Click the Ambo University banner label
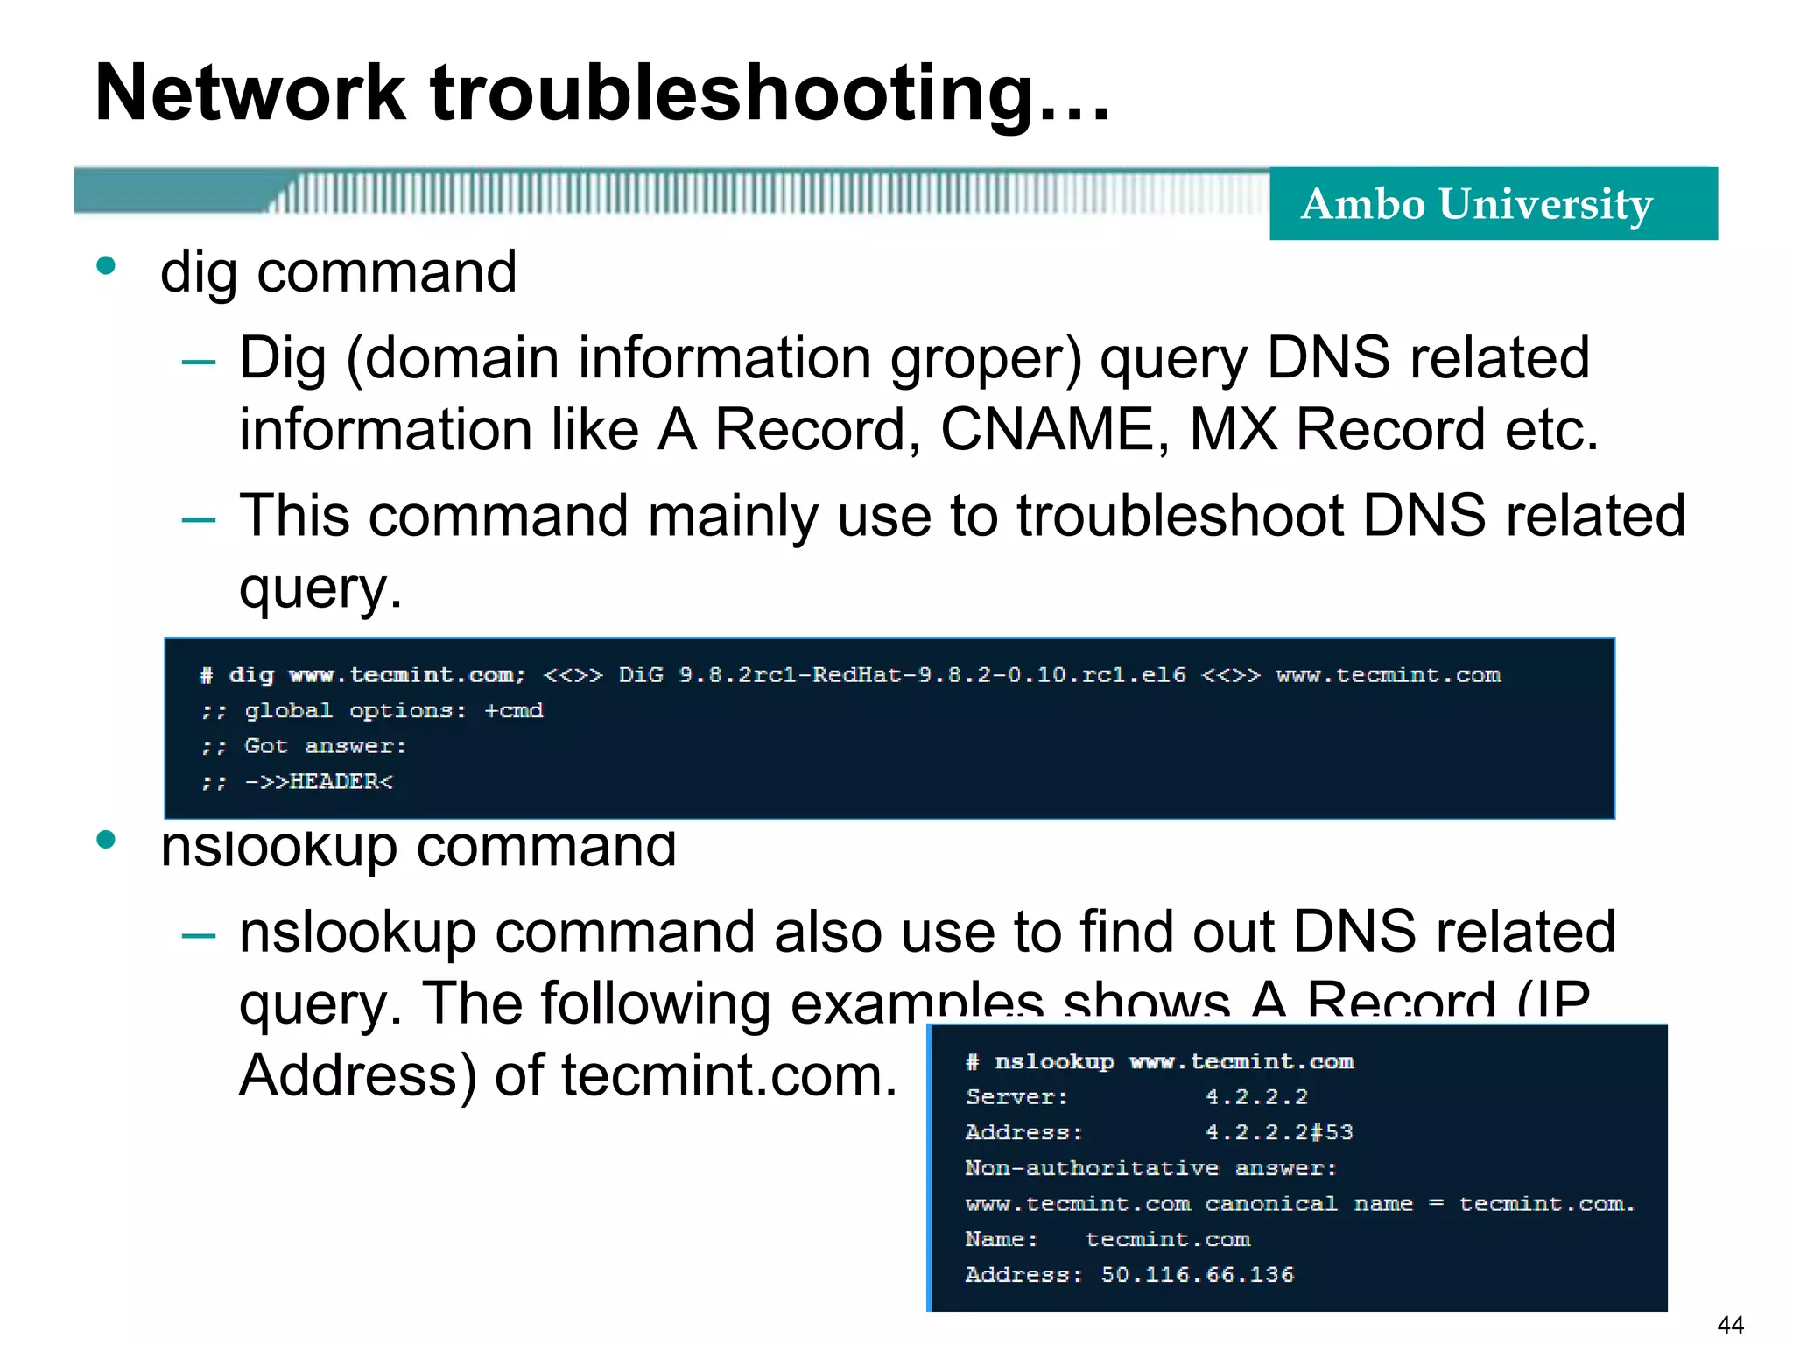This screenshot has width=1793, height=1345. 1477,204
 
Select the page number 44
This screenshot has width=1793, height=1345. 1730,1325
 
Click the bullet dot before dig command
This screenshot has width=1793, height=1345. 107,265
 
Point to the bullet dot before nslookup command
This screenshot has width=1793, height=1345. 107,841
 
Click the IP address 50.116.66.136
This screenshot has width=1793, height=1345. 1197,1274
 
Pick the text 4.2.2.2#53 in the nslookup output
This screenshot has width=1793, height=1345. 1279,1132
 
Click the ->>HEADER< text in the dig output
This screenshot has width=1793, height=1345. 319,781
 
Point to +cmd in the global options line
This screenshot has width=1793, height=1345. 514,710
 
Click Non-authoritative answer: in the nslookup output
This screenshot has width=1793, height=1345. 1150,1168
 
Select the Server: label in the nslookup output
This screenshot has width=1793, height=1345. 1016,1096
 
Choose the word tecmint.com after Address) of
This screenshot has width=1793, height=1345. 729,1074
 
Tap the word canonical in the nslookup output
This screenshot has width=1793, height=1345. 1271,1204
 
